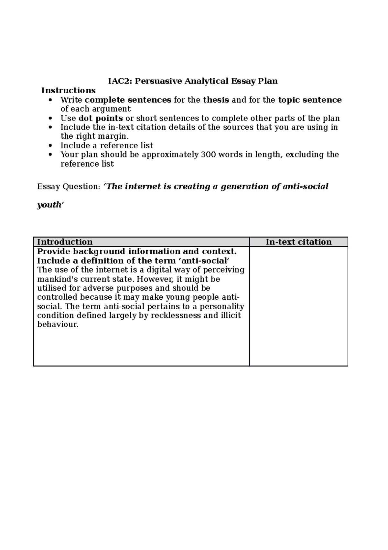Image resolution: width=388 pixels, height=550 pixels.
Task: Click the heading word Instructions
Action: click(x=68, y=90)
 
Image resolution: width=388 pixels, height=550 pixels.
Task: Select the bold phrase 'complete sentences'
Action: click(x=128, y=100)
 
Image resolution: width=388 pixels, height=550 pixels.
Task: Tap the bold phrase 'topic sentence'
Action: click(x=310, y=100)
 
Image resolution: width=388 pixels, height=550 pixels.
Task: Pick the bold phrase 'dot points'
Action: click(x=101, y=118)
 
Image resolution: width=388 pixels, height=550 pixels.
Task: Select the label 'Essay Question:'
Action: click(x=69, y=187)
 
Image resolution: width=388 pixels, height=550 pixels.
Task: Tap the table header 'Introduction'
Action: click(x=65, y=242)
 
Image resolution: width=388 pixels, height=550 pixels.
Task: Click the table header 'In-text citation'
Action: click(x=298, y=242)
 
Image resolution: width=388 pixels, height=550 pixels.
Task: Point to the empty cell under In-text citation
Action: click(x=298, y=306)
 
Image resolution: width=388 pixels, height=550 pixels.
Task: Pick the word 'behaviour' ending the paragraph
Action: click(x=58, y=325)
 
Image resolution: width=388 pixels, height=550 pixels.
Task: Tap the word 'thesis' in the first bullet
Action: click(x=216, y=100)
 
